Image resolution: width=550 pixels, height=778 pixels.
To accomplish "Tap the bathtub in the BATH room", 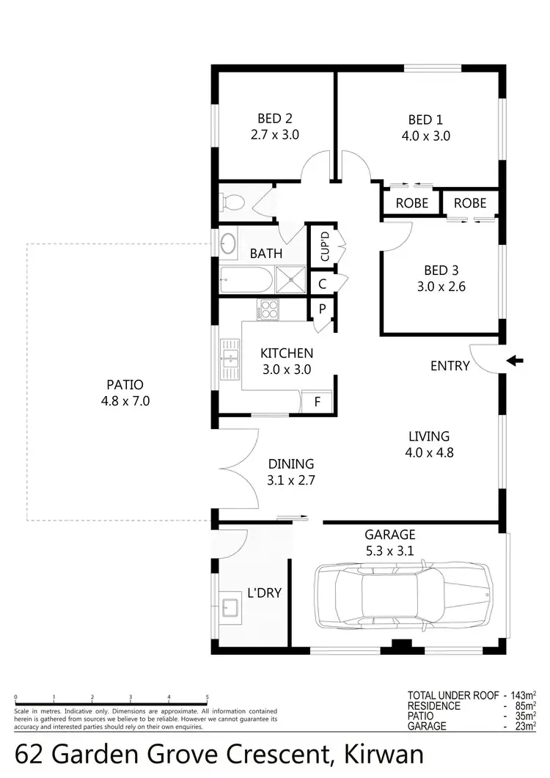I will point(246,279).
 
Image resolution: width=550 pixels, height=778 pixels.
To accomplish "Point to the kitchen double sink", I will point(231,359).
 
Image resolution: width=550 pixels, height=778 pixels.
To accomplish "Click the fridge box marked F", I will point(317,402).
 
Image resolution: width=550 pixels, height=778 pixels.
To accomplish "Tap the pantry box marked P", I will point(321,309).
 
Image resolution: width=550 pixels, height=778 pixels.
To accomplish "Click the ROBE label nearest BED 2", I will point(411,203).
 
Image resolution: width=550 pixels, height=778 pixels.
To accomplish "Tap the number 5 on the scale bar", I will point(208,697).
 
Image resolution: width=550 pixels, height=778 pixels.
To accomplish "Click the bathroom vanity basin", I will point(229,243).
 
